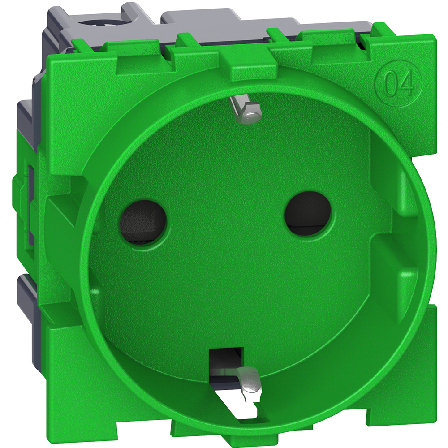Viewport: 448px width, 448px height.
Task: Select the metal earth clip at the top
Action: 244,110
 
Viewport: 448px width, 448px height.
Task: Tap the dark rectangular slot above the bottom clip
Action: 226,358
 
